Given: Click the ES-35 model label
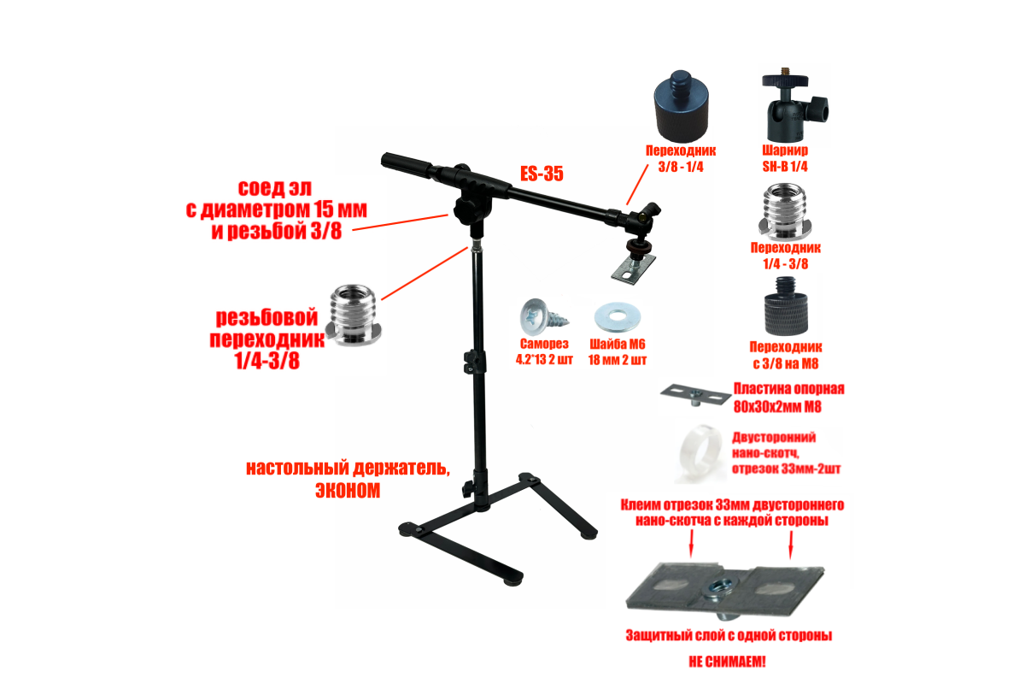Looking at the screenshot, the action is coord(542,174).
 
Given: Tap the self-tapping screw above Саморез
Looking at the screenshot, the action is coord(543,317).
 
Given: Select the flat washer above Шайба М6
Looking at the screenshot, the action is coord(618,316).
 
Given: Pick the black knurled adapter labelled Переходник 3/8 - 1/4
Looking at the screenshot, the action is coord(682,106).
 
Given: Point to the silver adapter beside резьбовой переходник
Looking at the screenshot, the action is coord(354,315).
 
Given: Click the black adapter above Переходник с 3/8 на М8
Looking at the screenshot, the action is coord(786,305).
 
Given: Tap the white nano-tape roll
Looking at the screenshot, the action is coord(700,453).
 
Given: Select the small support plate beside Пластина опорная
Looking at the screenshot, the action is coord(695,394).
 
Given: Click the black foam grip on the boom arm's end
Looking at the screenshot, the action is coord(406,164).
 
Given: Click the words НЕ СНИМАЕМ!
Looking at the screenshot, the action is coord(727,662).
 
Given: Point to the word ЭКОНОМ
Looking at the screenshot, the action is coord(348,490).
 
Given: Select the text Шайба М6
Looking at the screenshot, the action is coord(618,344).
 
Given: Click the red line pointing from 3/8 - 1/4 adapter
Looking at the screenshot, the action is coord(637,185).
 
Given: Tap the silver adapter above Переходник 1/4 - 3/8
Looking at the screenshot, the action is coord(785,212).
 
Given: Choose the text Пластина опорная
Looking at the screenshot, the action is coord(789,389).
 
